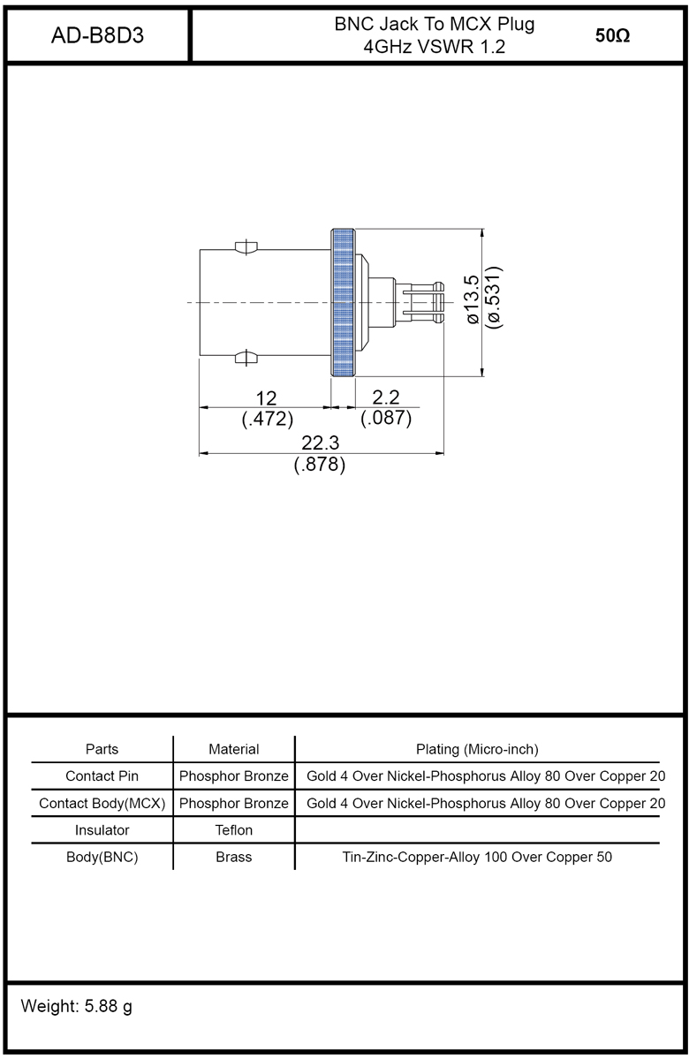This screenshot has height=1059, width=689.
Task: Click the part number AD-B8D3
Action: (97, 35)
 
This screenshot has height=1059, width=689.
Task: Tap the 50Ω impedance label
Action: (612, 36)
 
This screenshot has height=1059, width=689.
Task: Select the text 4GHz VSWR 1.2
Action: (435, 47)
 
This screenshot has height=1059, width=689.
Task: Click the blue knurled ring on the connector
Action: (343, 303)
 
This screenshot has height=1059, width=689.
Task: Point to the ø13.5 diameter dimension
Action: (473, 299)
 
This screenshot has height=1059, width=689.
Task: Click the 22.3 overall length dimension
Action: (320, 443)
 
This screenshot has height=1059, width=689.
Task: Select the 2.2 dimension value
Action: (386, 397)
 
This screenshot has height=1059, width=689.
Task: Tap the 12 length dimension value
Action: (266, 398)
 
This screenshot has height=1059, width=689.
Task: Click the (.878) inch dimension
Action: (320, 465)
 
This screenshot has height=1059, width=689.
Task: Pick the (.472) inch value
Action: (268, 419)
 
